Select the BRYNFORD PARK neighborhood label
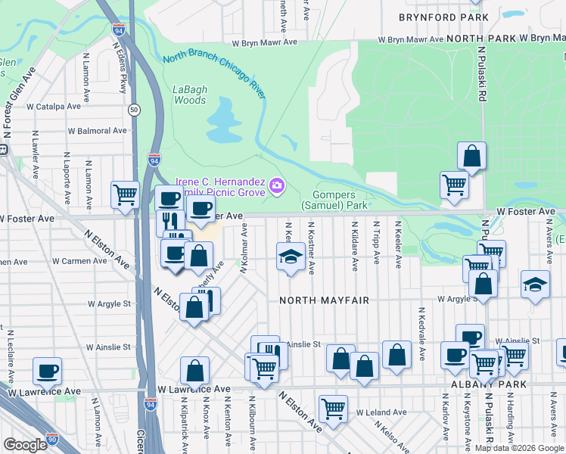click(x=435, y=17)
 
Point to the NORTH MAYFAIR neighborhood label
click(x=324, y=300)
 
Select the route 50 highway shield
click(x=133, y=110)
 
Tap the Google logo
click(x=25, y=445)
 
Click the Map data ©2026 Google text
click(x=519, y=448)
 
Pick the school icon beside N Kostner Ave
click(x=291, y=256)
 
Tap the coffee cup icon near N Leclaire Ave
click(x=47, y=371)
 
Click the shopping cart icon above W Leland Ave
click(x=333, y=409)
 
